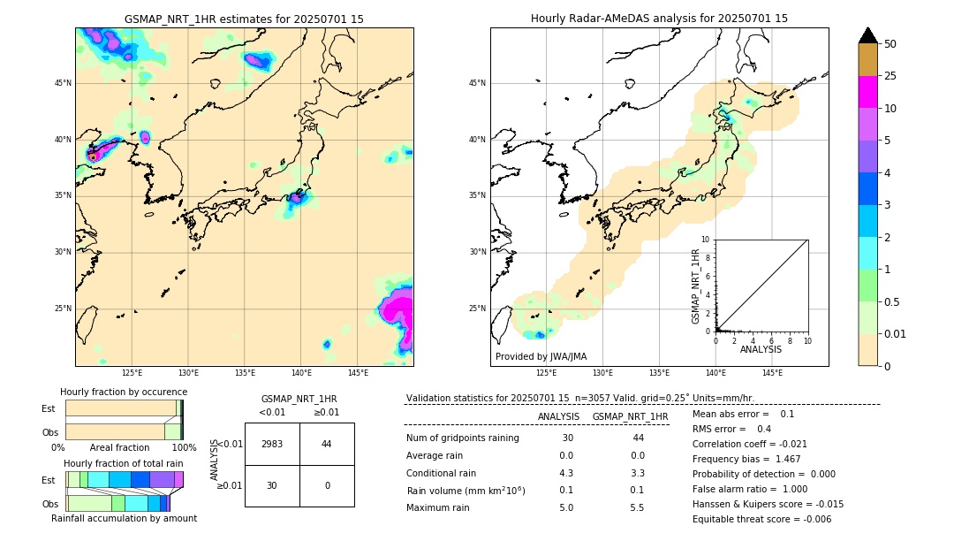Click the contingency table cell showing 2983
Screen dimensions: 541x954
(x=272, y=444)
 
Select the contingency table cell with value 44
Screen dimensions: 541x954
(x=327, y=444)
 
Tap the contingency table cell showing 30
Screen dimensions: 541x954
(x=272, y=485)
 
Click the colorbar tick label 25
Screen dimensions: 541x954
(x=890, y=76)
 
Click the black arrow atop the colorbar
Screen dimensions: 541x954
(x=868, y=35)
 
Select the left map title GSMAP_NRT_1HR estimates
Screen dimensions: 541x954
(x=244, y=19)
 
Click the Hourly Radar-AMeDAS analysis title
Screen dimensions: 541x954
(x=659, y=19)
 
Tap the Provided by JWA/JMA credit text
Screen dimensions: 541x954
(x=541, y=356)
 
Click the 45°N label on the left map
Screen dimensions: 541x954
(x=63, y=83)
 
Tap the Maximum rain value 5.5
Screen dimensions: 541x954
(x=637, y=507)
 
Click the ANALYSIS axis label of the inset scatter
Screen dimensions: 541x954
(x=761, y=350)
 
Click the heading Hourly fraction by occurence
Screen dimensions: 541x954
(x=124, y=392)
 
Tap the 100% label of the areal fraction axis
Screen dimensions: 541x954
(x=184, y=447)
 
